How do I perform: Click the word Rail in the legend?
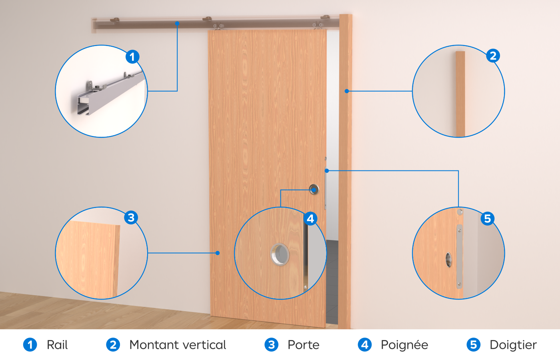(x=57, y=345)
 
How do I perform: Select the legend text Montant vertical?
(x=178, y=345)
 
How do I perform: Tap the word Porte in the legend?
(x=304, y=345)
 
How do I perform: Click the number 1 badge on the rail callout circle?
(x=132, y=57)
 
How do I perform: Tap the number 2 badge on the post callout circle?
(x=493, y=56)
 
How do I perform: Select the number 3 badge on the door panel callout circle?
(x=131, y=217)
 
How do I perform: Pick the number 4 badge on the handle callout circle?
(x=310, y=218)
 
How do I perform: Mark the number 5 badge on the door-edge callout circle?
(x=488, y=218)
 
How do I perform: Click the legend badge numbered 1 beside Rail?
(x=30, y=345)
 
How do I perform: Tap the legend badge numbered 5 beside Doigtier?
(x=474, y=345)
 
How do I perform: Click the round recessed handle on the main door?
(x=314, y=190)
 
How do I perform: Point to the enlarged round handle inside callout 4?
(x=280, y=254)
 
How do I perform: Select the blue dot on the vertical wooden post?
(x=347, y=91)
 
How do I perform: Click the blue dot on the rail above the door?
(x=177, y=24)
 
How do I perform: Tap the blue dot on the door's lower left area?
(x=218, y=253)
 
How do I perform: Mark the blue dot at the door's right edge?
(x=327, y=171)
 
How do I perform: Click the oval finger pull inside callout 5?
(x=449, y=260)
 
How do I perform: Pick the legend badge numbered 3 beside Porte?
(x=272, y=345)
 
